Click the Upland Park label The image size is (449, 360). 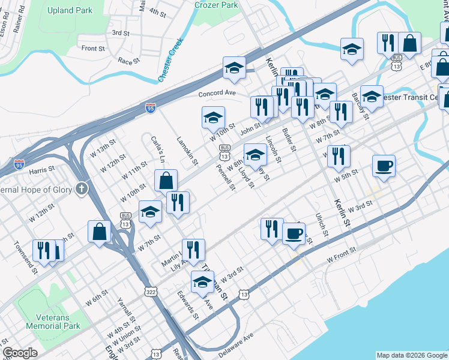[70, 11]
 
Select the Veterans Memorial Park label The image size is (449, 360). [53, 322]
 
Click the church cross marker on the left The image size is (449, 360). [82, 190]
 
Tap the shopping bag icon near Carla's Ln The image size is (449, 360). [166, 180]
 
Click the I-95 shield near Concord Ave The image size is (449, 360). [150, 108]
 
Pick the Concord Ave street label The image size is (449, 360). [217, 94]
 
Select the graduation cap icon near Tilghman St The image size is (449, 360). [203, 281]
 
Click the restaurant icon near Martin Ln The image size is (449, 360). [193, 248]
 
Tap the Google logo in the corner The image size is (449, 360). [20, 353]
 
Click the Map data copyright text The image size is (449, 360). [411, 355]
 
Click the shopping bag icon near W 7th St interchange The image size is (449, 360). [98, 232]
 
